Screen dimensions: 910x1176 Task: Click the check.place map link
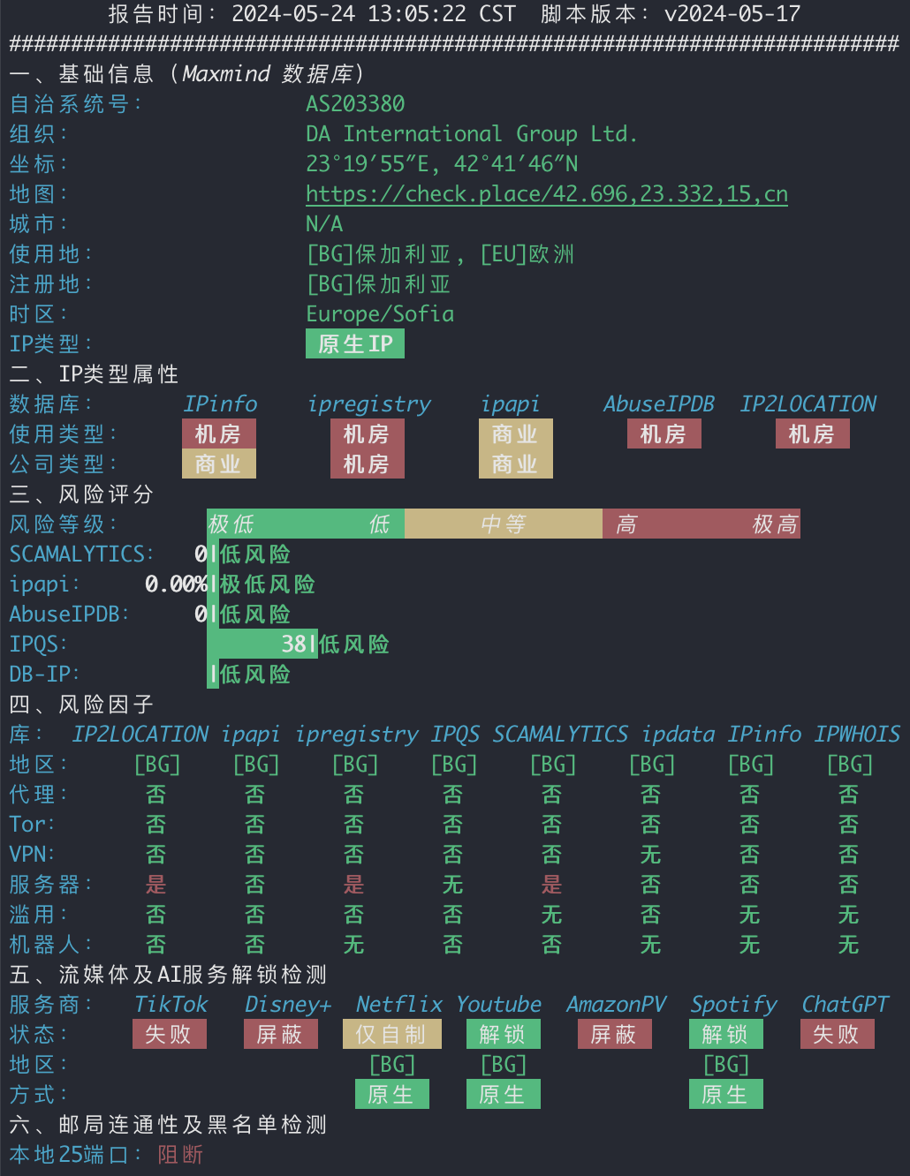(x=547, y=194)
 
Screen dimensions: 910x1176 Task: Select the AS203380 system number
(x=355, y=104)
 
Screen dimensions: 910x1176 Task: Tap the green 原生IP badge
(x=355, y=343)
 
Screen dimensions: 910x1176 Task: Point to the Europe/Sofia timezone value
(x=380, y=314)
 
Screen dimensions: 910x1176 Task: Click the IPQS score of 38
(x=294, y=644)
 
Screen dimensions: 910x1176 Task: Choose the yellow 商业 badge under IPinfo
(x=219, y=464)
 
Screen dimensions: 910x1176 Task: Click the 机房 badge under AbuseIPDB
(x=664, y=434)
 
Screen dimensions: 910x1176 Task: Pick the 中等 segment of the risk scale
(x=504, y=524)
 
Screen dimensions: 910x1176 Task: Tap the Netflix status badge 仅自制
(x=392, y=1034)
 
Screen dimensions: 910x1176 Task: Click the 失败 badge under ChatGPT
(x=838, y=1034)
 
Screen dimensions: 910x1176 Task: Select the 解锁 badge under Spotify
(x=726, y=1034)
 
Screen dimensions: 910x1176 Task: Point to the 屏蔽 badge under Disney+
(x=280, y=1034)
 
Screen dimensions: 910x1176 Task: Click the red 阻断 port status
(x=180, y=1154)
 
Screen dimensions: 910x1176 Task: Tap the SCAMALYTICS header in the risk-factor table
(x=560, y=735)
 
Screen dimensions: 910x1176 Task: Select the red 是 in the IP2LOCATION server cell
(x=155, y=885)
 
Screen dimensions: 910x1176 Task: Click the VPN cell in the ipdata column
(x=651, y=855)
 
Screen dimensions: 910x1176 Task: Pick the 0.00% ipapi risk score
(x=176, y=584)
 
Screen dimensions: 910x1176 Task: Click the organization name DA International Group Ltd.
(x=472, y=134)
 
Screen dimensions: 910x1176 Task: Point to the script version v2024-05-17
(x=732, y=13)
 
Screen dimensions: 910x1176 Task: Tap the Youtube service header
(x=498, y=1005)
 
